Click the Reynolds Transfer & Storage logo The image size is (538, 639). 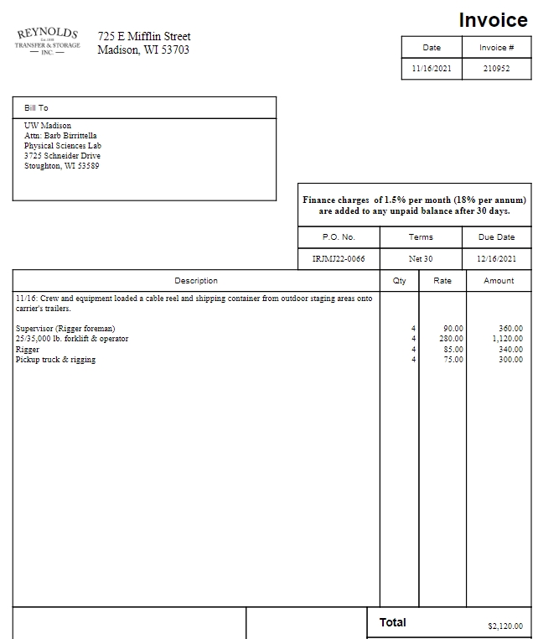point(48,41)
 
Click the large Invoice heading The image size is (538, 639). point(494,20)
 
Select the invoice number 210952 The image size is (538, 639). point(496,69)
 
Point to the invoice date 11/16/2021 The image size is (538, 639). point(432,69)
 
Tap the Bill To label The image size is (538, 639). point(36,108)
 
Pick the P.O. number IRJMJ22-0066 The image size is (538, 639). point(339,259)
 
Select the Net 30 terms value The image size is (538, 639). point(421,259)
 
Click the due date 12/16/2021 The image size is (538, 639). point(497,259)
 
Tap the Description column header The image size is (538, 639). point(196,281)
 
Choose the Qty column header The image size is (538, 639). point(399,281)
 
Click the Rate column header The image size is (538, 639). point(442,281)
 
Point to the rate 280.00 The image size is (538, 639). point(453,339)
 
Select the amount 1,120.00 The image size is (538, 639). point(507,339)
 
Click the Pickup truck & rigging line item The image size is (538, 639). point(55,360)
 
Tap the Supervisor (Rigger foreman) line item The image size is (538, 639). point(65,329)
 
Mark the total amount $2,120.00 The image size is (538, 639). point(505,626)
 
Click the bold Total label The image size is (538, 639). point(392,623)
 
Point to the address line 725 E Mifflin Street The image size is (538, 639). point(144,36)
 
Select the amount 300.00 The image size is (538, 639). point(510,360)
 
